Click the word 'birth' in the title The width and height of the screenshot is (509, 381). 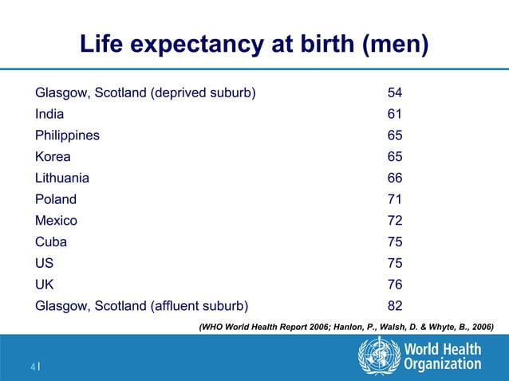(x=327, y=43)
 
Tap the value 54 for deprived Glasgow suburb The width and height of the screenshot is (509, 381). (x=395, y=92)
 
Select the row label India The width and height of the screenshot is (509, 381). (x=49, y=114)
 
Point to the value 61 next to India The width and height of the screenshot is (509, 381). (x=394, y=114)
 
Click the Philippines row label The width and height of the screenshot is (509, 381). (x=67, y=136)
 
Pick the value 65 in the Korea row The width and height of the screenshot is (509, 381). (x=395, y=156)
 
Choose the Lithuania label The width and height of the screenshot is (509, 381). (x=62, y=178)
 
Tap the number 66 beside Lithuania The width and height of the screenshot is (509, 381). (x=395, y=178)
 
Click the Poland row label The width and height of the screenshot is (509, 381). (x=56, y=199)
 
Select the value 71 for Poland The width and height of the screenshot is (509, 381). (x=394, y=199)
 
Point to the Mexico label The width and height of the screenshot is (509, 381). (x=56, y=221)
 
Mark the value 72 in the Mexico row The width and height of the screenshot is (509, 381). (x=395, y=221)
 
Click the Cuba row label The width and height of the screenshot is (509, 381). (x=51, y=242)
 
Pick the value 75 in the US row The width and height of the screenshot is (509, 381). (x=395, y=263)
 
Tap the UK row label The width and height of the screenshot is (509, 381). (x=45, y=285)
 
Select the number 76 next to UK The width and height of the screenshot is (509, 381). (x=395, y=285)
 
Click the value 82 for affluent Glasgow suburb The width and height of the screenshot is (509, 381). (x=395, y=306)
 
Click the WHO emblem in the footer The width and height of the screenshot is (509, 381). (x=379, y=355)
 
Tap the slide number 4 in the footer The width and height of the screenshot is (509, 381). (x=33, y=367)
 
